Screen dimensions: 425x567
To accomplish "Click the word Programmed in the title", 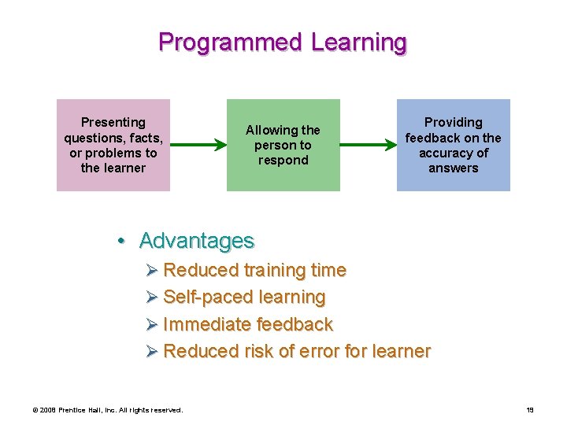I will click(x=231, y=42).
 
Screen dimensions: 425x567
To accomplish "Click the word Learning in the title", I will click(x=359, y=42).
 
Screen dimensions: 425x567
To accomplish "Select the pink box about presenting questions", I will click(x=113, y=145).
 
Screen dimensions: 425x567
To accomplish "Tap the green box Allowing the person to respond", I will click(x=283, y=145).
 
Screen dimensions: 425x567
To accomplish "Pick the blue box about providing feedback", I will click(x=453, y=145).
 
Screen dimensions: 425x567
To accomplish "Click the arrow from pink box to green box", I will click(x=198, y=145).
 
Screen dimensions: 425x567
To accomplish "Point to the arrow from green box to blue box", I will click(x=368, y=145).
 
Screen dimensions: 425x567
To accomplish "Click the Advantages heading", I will click(x=197, y=240).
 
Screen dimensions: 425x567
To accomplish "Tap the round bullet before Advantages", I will click(x=123, y=241).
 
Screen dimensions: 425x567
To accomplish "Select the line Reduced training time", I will click(x=254, y=270).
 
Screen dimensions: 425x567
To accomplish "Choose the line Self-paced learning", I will click(x=244, y=297).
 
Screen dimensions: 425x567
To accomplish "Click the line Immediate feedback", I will click(x=248, y=324).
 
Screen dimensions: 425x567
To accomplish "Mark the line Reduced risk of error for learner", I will click(x=297, y=351).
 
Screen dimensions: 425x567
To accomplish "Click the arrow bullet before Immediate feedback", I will click(x=153, y=325).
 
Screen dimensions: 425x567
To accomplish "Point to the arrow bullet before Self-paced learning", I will click(x=153, y=297).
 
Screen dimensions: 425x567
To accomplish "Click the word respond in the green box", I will click(x=283, y=161).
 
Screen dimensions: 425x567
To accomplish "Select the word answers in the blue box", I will click(x=453, y=168).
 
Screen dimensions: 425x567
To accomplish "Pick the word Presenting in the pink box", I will click(x=113, y=122).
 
